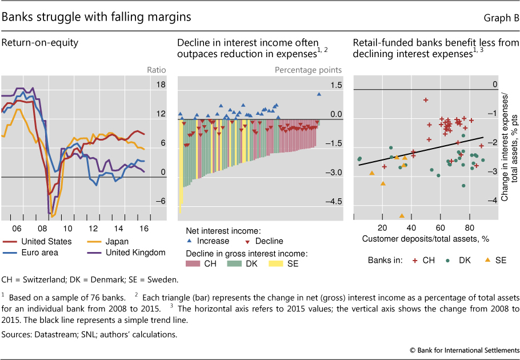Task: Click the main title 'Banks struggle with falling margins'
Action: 97,17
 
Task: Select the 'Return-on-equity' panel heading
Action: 40,43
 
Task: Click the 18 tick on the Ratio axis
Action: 161,85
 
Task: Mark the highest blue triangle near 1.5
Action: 319,94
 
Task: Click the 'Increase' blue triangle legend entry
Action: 209,241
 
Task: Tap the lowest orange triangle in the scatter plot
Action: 402,215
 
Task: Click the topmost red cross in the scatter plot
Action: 426,100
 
